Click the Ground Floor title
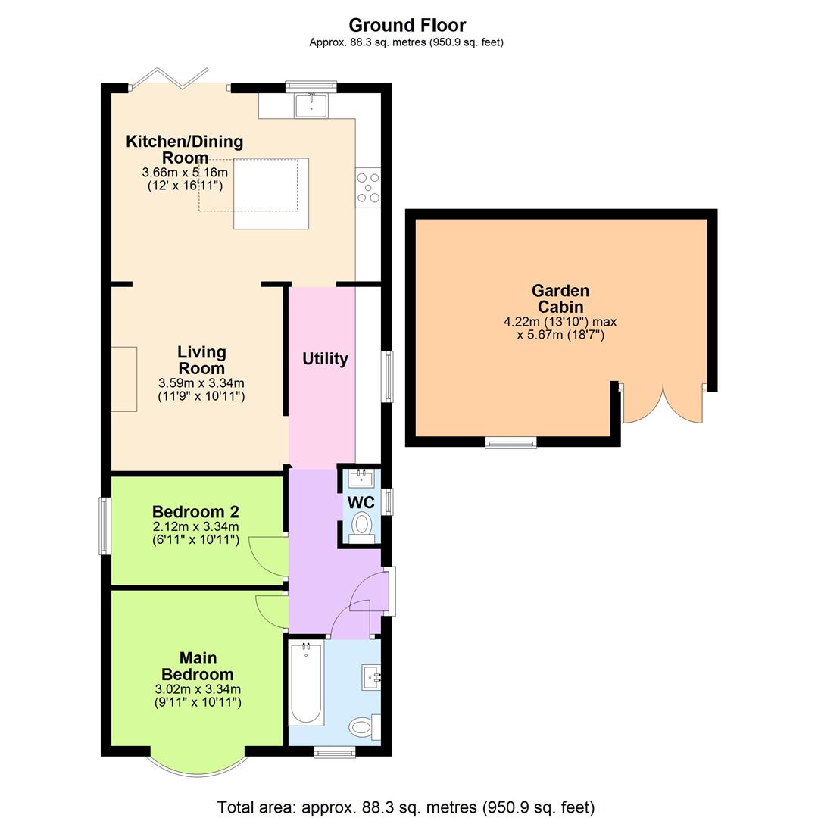407,25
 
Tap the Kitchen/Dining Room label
185,149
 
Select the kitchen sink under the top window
311,105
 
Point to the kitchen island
271,193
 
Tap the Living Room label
201,360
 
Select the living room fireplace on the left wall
124,379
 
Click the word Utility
325,359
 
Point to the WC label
361,502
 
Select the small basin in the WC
360,477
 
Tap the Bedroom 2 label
195,511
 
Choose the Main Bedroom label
197,667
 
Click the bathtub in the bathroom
306,684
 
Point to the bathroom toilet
364,727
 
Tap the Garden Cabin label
560,298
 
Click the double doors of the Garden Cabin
663,405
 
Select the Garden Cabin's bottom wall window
510,442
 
